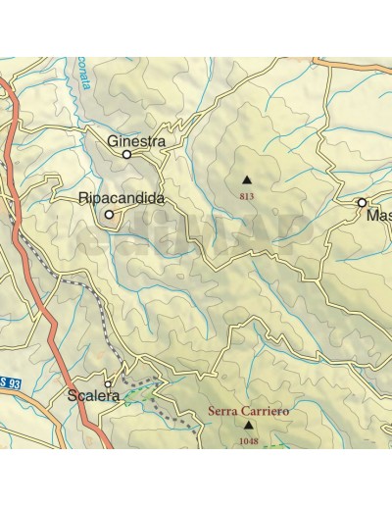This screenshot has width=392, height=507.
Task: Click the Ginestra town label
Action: point(136,141)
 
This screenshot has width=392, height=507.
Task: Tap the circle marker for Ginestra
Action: point(126,154)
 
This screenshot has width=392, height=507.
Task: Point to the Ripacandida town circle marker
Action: point(109,215)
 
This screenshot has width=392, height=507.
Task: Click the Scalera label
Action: point(94,396)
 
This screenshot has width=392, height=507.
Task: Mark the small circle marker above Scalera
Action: point(108,384)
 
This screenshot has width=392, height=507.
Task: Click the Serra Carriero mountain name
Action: point(248,412)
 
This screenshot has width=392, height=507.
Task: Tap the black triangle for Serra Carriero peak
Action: point(248,427)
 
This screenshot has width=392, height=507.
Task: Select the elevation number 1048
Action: point(248,442)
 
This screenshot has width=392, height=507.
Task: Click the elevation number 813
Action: point(246,196)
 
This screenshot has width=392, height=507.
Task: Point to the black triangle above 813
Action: point(246,179)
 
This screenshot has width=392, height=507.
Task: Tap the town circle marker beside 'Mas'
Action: point(362,202)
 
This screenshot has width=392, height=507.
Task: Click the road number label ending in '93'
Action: point(11,382)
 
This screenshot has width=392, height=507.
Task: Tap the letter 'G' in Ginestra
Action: point(113,141)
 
